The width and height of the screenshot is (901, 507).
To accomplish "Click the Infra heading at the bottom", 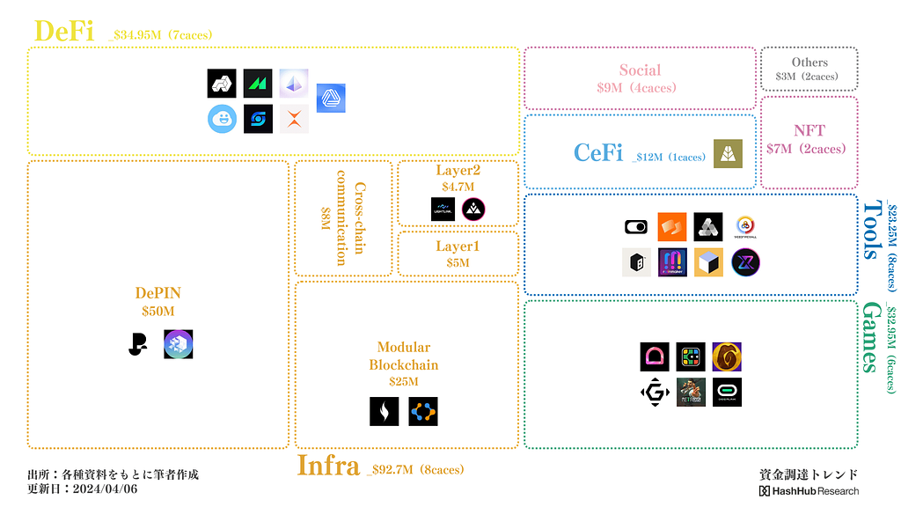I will point(327,466).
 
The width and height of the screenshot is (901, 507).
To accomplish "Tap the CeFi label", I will point(598,153).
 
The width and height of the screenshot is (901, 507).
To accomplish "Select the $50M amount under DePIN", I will point(158,311).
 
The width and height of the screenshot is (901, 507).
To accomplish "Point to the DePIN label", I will point(158,293).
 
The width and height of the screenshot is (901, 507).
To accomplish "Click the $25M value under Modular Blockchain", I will point(404,381).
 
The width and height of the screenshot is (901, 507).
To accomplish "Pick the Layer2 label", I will point(458,171).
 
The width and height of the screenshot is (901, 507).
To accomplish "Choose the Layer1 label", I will point(458,246).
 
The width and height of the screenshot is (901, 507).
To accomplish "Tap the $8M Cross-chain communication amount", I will point(325,217).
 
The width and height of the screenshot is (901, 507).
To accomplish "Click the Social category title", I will point(640,70).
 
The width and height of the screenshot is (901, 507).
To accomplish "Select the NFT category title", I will point(809,131).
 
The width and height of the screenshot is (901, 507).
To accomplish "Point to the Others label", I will point(809,62).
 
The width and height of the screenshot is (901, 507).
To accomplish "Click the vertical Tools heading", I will point(871,230).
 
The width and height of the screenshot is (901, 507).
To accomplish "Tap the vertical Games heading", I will point(871,337).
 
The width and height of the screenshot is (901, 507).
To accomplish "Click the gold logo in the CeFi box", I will point(728,153).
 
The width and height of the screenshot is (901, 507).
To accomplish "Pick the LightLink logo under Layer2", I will point(443,209).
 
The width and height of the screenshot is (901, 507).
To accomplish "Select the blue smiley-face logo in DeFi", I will point(223,119).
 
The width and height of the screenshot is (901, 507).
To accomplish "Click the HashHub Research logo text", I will point(809,490).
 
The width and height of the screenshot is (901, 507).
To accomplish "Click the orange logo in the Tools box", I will point(672,227).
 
